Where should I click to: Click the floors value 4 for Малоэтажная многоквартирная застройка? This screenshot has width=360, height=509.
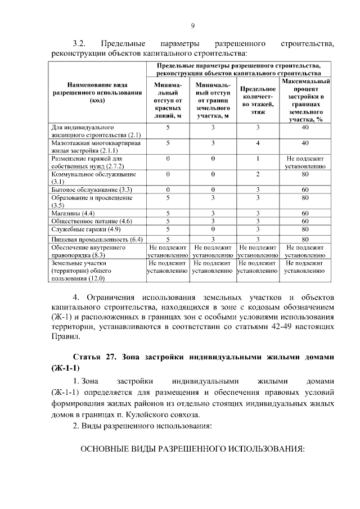pos(258,143)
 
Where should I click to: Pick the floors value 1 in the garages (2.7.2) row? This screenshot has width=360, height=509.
pos(258,159)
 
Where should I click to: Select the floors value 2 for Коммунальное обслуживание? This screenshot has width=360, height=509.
pos(258,175)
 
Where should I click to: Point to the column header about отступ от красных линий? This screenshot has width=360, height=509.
pos(168,101)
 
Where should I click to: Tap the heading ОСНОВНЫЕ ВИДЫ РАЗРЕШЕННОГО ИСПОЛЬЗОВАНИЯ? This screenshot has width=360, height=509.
pos(192,450)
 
